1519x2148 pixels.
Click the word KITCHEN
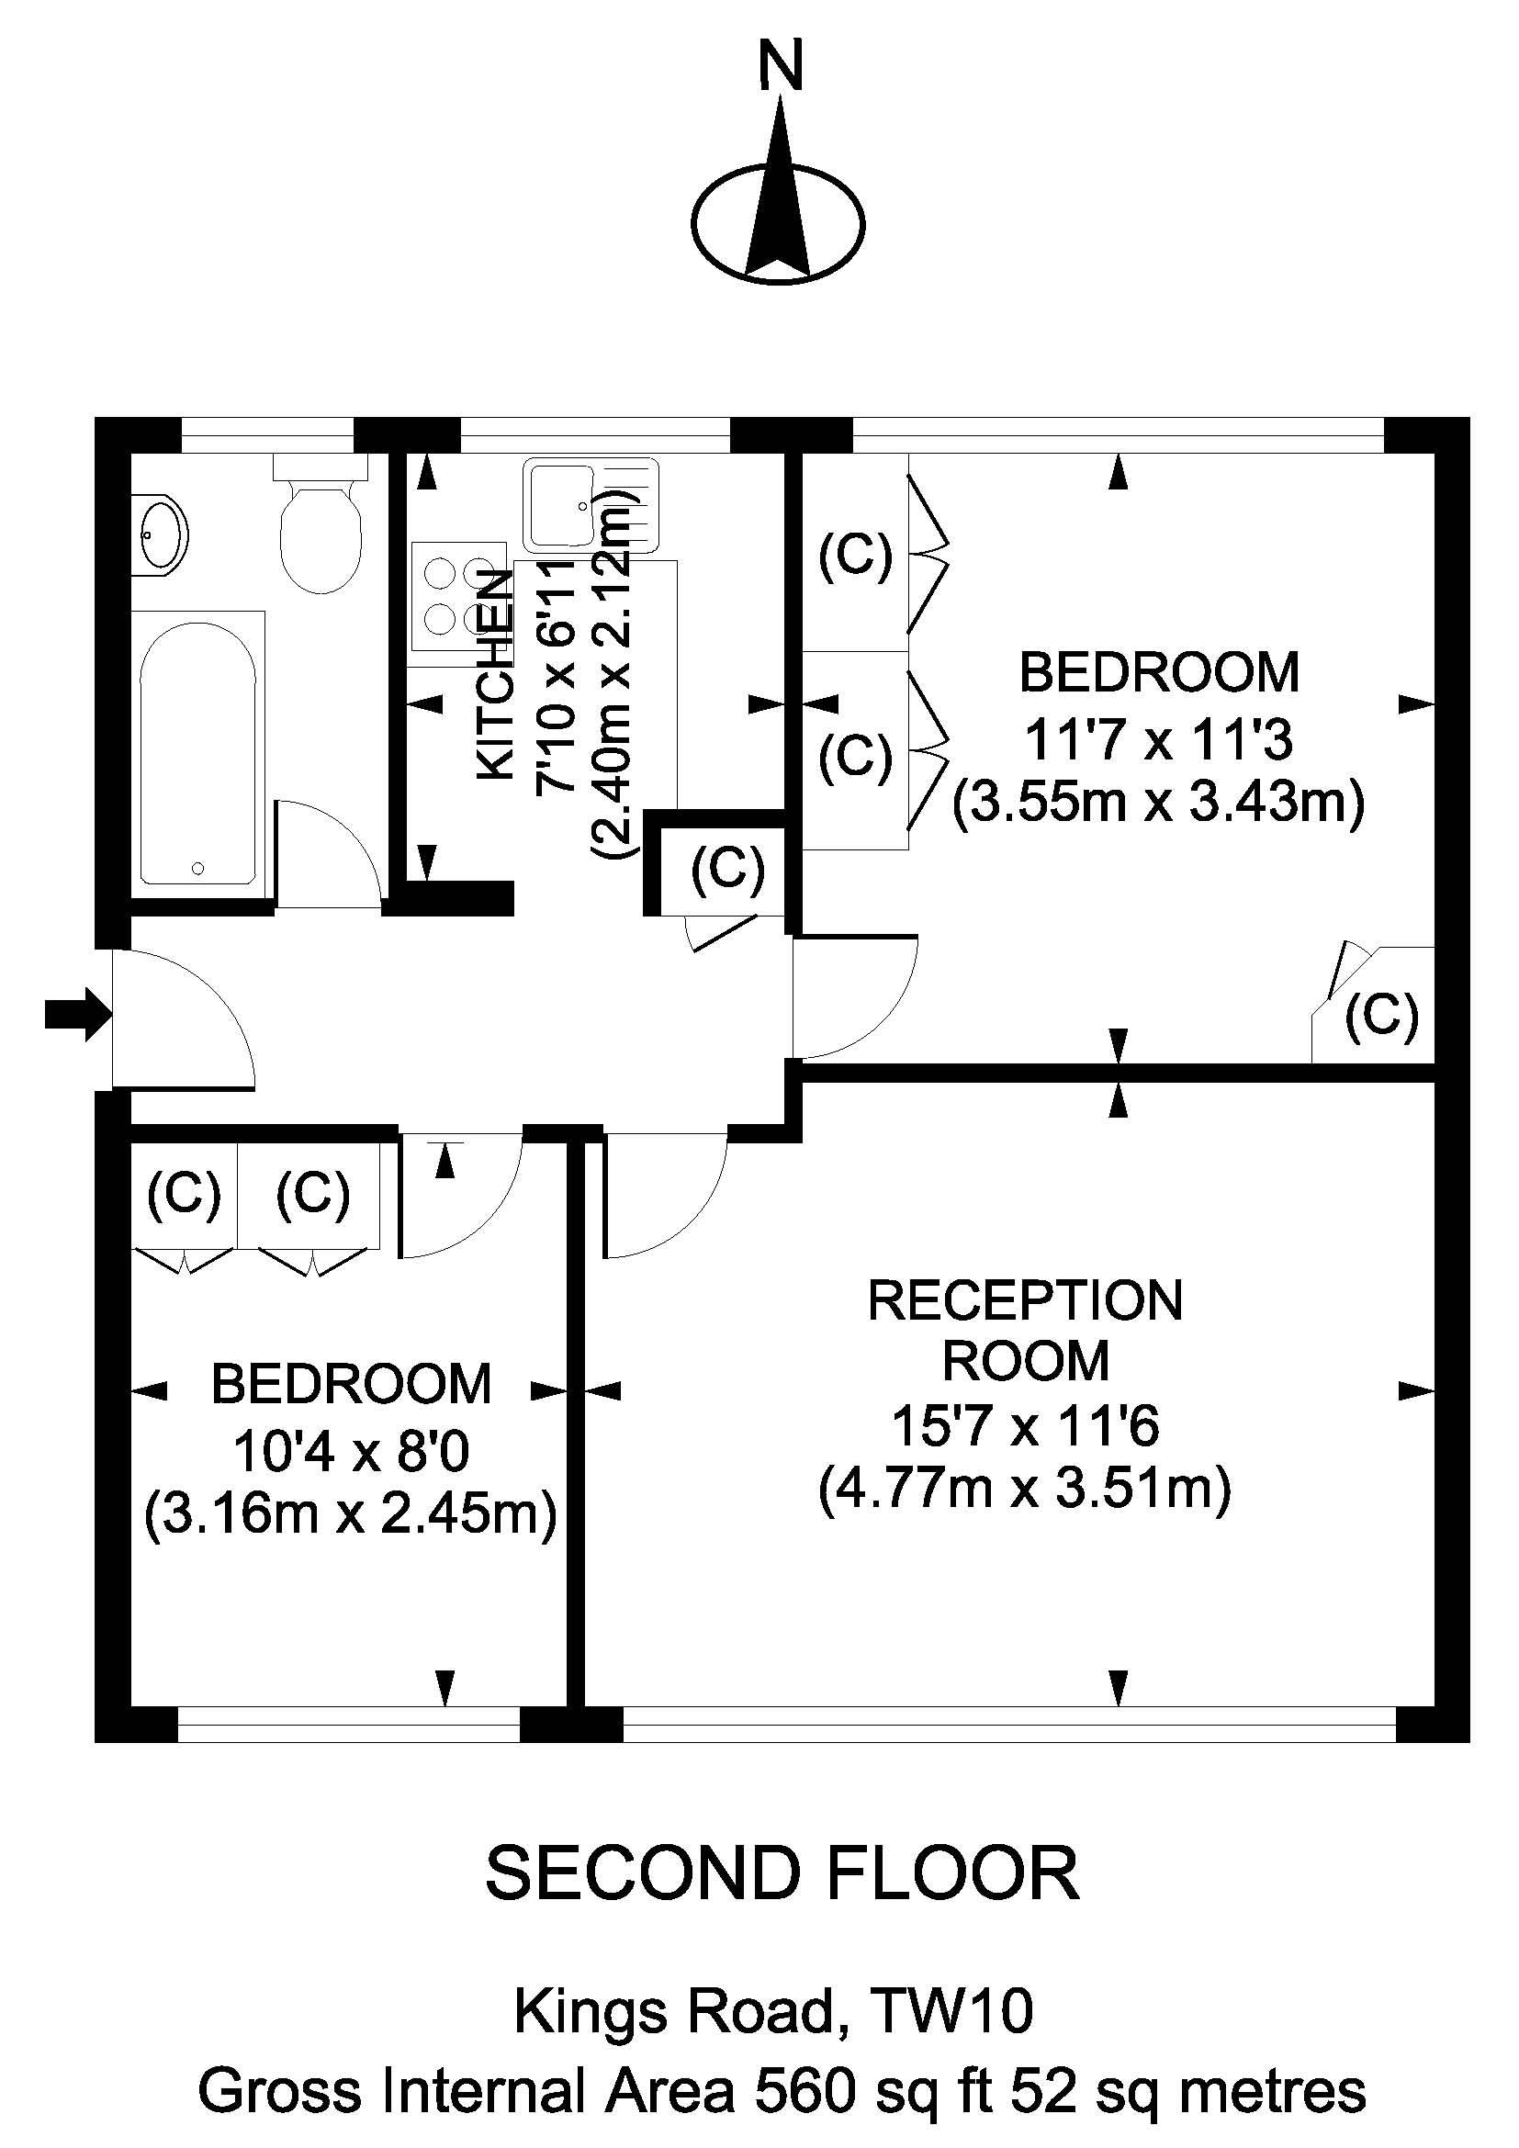point(496,673)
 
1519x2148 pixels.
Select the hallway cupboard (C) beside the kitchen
point(727,870)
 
